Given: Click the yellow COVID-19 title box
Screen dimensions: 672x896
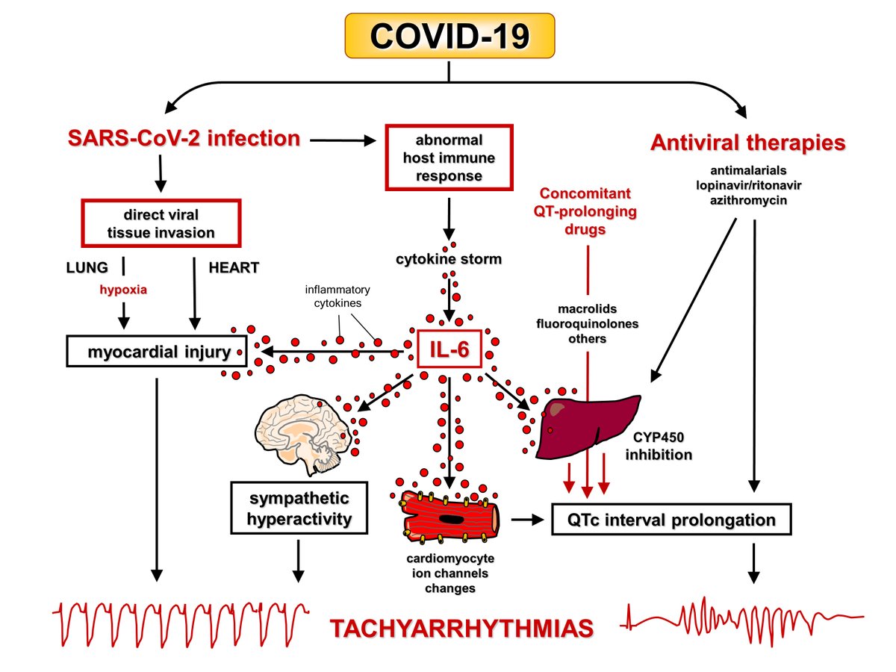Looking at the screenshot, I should coord(448,36).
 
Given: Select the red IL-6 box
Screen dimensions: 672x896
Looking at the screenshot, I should coord(448,349).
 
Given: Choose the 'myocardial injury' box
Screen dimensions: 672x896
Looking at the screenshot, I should coord(157,350).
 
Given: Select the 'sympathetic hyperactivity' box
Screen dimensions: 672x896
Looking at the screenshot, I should coord(299,508).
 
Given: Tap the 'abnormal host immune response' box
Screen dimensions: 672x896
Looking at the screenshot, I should coord(449,158).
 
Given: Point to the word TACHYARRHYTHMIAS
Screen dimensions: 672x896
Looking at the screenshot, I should coord(463,628).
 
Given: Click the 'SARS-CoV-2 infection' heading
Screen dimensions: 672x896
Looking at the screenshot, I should coord(184,138).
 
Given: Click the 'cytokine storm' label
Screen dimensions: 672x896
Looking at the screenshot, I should coord(449,260).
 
